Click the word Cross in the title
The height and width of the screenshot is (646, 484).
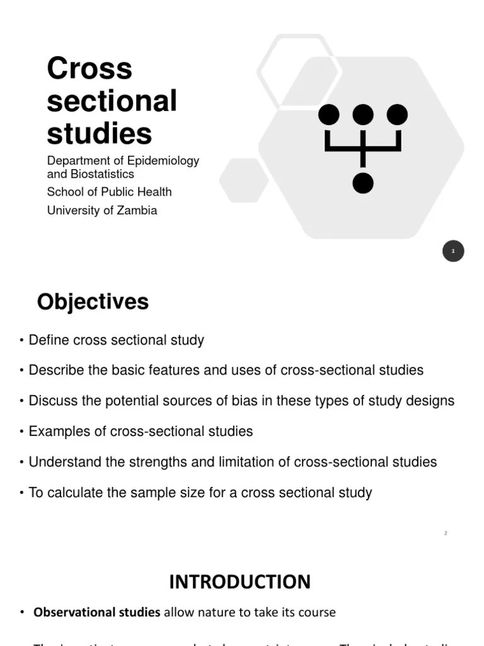[x=89, y=69]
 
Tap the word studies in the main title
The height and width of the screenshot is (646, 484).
[x=99, y=134]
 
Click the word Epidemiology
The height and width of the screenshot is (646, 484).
[x=163, y=161]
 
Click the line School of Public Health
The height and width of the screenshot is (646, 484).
[x=109, y=192]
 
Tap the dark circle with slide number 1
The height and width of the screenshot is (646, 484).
[x=453, y=251]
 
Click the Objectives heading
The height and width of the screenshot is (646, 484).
[x=93, y=302]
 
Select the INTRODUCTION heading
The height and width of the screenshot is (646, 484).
[x=239, y=582]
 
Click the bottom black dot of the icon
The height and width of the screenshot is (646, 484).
[x=363, y=183]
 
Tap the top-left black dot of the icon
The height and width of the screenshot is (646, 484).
[x=328, y=115]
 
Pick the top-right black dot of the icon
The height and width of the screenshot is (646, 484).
[x=397, y=115]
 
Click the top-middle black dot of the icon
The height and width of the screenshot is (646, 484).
[x=363, y=115]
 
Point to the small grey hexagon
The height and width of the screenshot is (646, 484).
[x=244, y=180]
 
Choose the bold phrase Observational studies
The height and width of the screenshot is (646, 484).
[x=96, y=613]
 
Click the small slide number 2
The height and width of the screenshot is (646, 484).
[x=446, y=534]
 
